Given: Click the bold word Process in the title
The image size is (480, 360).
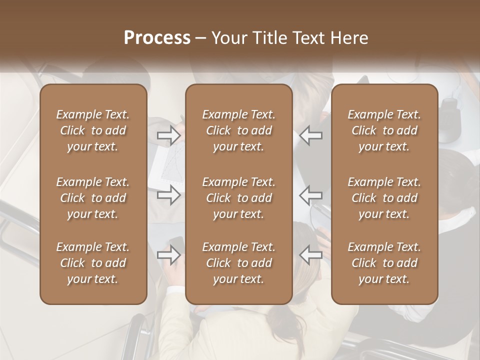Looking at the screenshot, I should point(157,38).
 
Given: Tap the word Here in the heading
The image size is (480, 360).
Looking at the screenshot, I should point(349,38).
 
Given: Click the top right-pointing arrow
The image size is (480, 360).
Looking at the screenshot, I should point(168,135).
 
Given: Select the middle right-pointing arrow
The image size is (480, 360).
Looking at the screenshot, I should point(168,194).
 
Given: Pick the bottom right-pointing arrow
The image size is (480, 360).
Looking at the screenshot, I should point(168,255).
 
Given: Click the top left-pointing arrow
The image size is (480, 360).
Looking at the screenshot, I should point(311,135).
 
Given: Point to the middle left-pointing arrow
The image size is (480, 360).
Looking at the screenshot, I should point(311,194).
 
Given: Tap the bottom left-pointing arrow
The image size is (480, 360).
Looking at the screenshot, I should point(311,255).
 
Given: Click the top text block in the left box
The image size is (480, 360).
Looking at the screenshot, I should point(93,130).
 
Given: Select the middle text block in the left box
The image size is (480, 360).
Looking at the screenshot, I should point(93,198).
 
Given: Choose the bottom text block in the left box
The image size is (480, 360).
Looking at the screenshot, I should point(93,263).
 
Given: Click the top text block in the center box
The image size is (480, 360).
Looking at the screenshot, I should point(239,130).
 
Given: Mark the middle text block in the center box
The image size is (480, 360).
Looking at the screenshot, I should point(239,198).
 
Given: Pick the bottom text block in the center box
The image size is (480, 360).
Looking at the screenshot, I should point(239,263).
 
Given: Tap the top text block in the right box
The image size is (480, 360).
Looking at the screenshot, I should point(384,130).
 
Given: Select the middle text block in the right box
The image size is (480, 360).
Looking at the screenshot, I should point(384,198).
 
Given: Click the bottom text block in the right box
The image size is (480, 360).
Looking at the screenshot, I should point(384,263).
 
